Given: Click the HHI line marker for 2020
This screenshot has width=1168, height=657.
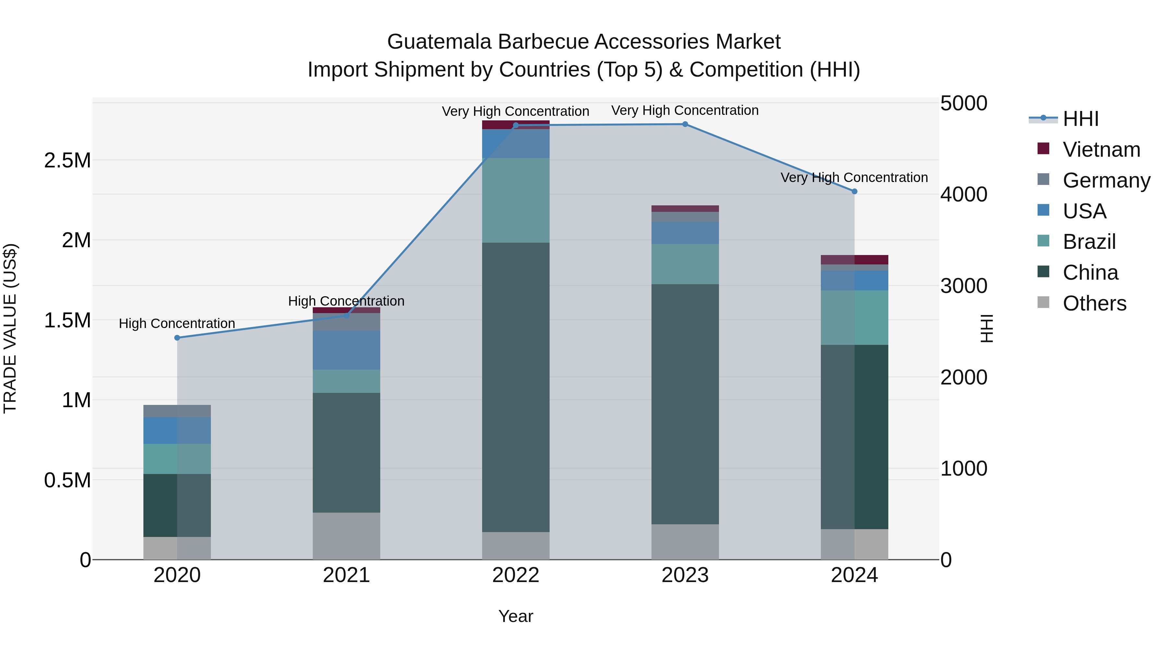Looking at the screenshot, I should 177,338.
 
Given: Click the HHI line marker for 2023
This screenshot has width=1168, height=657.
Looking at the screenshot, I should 685,124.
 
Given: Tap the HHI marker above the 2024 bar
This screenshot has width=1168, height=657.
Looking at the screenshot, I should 855,191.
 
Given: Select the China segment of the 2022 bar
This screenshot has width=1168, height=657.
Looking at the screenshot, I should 516,388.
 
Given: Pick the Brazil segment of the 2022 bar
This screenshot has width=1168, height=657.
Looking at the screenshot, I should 516,201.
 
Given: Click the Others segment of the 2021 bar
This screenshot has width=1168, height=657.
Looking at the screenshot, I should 347,536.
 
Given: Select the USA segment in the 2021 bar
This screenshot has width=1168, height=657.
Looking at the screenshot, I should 347,350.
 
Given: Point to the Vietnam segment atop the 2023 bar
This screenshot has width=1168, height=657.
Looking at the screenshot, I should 685,209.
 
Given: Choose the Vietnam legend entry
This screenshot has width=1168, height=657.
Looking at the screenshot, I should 1101,150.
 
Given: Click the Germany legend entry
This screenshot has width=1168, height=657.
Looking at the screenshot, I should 1106,180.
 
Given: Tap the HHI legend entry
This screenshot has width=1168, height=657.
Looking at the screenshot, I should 1080,119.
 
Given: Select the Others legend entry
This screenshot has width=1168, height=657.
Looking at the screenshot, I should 1094,303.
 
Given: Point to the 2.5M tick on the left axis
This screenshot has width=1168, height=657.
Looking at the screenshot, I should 67,161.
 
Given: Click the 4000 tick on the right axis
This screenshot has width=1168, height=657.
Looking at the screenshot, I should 964,195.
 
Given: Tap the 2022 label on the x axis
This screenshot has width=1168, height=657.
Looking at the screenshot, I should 516,575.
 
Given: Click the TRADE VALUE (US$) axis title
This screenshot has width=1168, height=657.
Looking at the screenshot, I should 10,328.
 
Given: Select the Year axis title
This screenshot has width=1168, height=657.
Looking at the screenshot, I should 516,616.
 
